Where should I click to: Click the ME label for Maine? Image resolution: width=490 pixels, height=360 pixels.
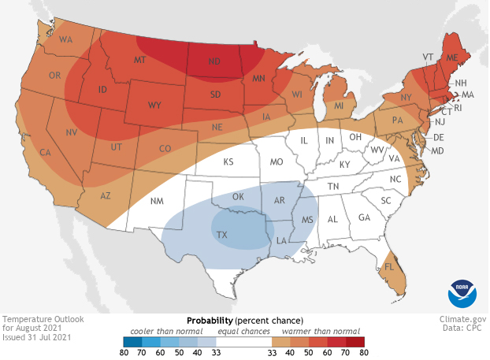[452, 58]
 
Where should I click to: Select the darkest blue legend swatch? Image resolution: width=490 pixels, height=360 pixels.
[132, 341]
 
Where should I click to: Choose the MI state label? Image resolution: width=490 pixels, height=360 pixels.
[339, 106]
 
